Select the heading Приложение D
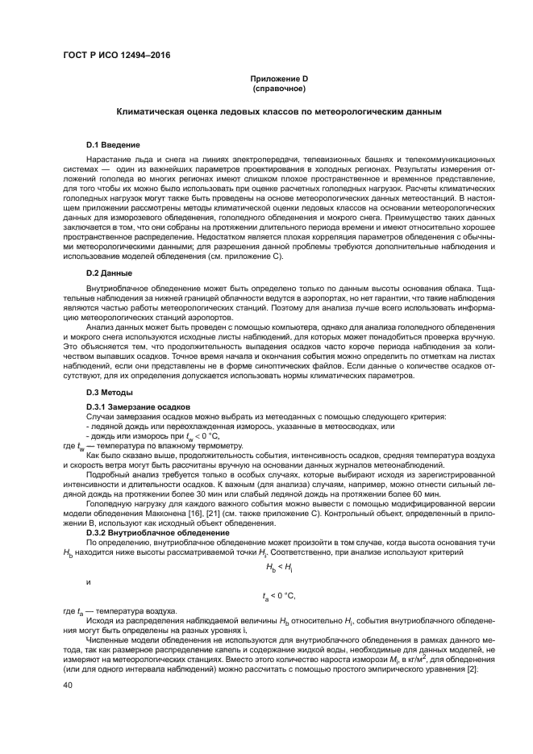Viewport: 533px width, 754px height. pos(277,78)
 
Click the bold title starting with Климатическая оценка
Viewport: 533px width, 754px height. pos(278,112)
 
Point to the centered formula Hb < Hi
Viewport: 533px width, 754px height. pos(277,567)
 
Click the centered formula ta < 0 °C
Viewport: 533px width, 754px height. pos(279,596)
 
